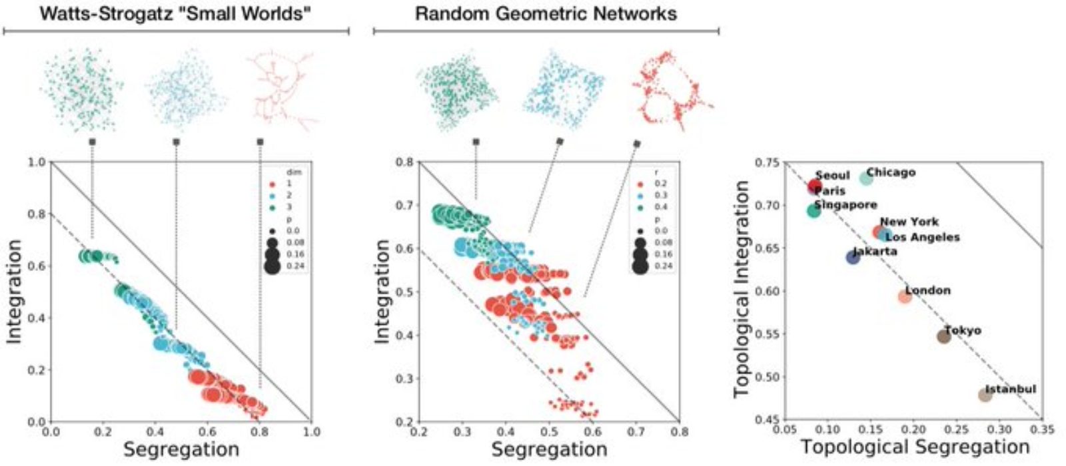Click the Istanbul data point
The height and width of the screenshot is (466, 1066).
click(985, 395)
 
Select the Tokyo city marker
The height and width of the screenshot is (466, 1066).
click(943, 336)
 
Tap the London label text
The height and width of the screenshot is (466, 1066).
click(927, 290)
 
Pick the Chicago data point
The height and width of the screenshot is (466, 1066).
click(866, 178)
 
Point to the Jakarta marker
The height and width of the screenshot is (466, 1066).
click(853, 257)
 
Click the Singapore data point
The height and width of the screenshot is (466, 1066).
click(813, 210)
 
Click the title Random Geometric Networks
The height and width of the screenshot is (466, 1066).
click(546, 14)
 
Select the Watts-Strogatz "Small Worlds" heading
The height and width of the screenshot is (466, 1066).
click(175, 14)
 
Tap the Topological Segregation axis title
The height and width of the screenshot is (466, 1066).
click(915, 447)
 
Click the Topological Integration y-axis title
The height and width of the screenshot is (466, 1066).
click(742, 290)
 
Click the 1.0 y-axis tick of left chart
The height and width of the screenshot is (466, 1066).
click(37, 162)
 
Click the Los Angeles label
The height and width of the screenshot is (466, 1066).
click(922, 237)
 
